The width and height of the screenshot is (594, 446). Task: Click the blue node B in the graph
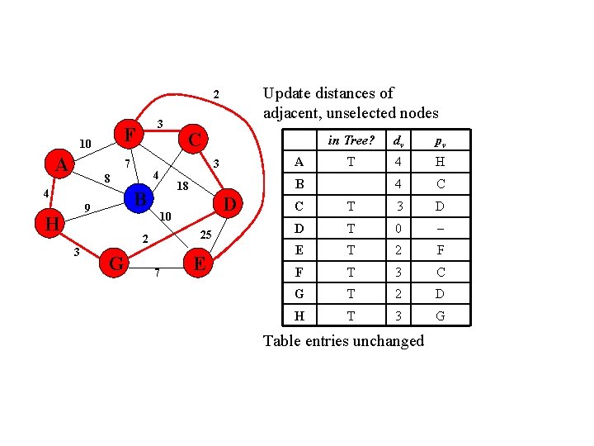pos(140,199)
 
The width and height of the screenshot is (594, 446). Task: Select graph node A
pos(61,165)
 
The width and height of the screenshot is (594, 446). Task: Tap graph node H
pos(52,224)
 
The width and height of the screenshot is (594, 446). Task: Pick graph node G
pos(117,263)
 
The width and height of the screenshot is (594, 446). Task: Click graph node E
pos(198,263)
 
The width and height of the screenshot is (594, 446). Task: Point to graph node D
pos(230,203)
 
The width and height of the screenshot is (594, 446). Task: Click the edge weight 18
pos(183,187)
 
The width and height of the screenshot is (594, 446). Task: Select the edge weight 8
pos(106,178)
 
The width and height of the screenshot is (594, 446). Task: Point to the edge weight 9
pos(87,207)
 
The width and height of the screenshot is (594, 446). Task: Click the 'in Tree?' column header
pos(351,140)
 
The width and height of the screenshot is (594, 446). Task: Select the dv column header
pos(398,141)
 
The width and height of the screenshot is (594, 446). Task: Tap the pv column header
pos(441,141)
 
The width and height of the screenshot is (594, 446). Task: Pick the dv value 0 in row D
pos(398,227)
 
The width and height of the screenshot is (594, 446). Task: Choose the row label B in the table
pos(299,184)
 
